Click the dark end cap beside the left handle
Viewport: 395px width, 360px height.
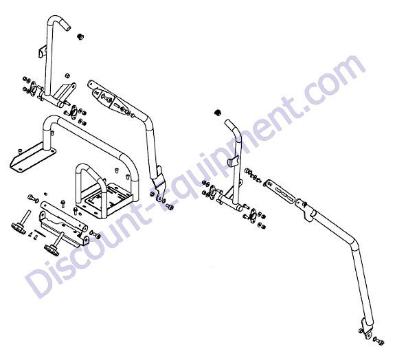[80, 36]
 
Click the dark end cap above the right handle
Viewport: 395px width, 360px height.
[217, 112]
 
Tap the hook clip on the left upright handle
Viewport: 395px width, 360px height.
[43, 52]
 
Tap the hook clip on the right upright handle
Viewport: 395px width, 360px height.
[232, 161]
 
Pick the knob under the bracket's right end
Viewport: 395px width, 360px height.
[54, 244]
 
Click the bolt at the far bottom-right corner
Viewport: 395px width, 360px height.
[379, 341]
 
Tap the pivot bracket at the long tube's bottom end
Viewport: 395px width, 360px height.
[367, 328]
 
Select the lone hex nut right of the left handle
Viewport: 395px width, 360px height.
[67, 76]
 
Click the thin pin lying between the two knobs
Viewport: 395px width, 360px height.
[40, 234]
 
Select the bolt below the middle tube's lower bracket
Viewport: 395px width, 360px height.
[170, 207]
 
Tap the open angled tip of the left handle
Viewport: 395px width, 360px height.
[67, 27]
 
